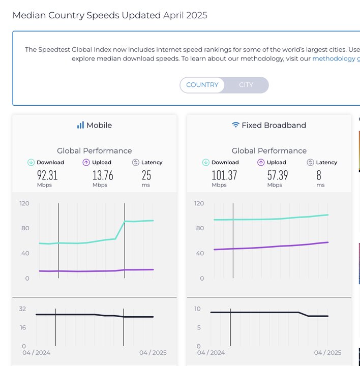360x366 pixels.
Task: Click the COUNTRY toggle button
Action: pyautogui.click(x=202, y=85)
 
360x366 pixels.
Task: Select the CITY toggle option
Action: pyautogui.click(x=246, y=85)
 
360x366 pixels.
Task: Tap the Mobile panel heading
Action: pyautogui.click(x=95, y=125)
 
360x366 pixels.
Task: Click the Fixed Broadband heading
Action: pyautogui.click(x=269, y=125)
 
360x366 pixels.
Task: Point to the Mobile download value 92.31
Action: pyautogui.click(x=47, y=175)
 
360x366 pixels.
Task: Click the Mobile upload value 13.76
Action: pyautogui.click(x=103, y=175)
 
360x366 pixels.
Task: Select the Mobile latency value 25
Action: pyautogui.click(x=146, y=175)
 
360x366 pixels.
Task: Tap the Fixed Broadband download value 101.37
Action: pyautogui.click(x=224, y=175)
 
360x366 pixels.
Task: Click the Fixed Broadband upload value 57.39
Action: pyautogui.click(x=278, y=175)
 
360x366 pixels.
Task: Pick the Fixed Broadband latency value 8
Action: pyautogui.click(x=319, y=175)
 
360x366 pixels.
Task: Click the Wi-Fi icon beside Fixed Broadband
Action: pyautogui.click(x=235, y=125)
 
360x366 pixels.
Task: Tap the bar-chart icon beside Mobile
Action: pyautogui.click(x=80, y=125)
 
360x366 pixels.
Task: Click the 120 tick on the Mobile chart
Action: pyautogui.click(x=24, y=203)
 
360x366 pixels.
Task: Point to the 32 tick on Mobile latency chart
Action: pyautogui.click(x=22, y=309)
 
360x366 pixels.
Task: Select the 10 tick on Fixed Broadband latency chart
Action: pyautogui.click(x=197, y=309)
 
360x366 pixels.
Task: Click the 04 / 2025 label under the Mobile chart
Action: pyautogui.click(x=153, y=353)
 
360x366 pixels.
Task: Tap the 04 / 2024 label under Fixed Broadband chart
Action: pyautogui.click(x=211, y=353)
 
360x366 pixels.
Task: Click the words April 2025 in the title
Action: pyautogui.click(x=185, y=15)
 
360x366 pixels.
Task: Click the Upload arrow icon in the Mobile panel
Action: pyautogui.click(x=86, y=163)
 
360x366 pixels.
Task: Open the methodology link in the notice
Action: pyautogui.click(x=334, y=58)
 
